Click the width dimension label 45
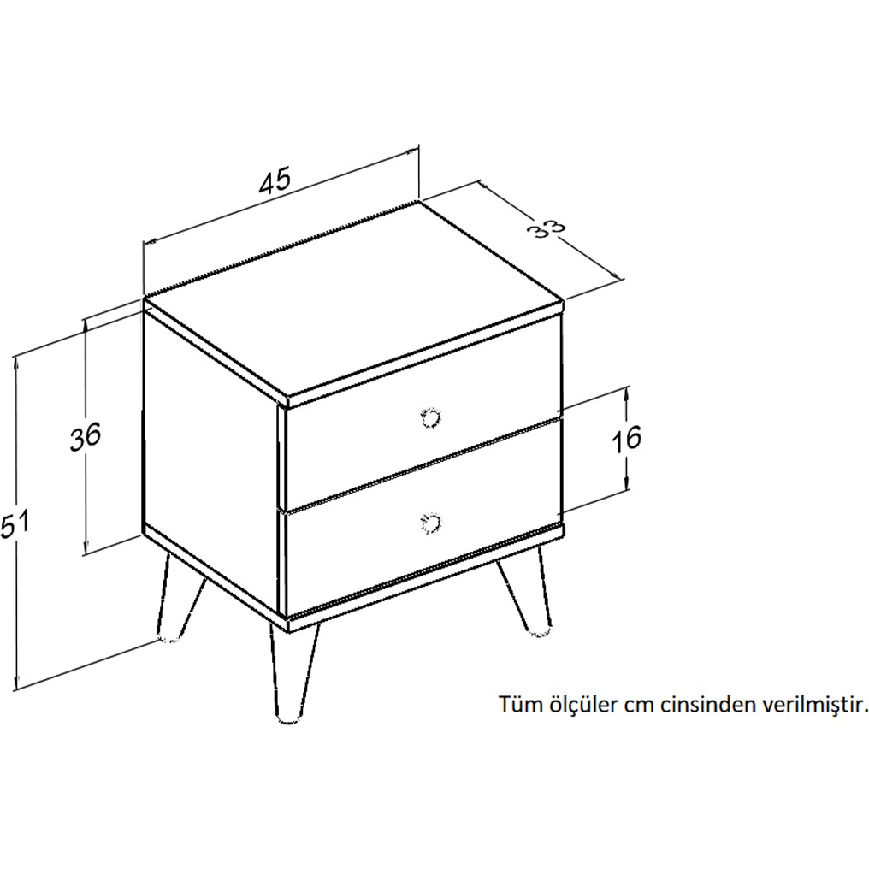[x=275, y=181]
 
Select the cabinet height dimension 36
[x=86, y=436]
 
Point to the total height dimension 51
[x=15, y=525]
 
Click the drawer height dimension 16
[x=626, y=440]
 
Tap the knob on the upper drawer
[x=429, y=417]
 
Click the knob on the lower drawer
[x=429, y=522]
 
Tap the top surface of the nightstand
[x=353, y=299]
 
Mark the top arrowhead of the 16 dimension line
[x=626, y=393]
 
